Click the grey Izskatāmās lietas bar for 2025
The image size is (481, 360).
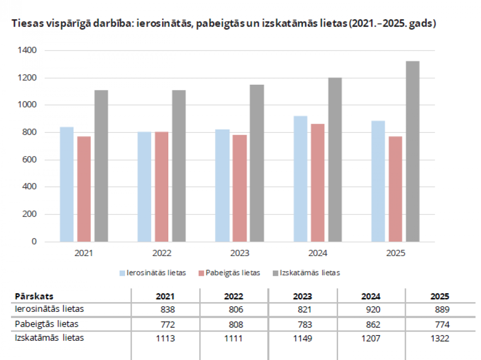pyautogui.click(x=413, y=151)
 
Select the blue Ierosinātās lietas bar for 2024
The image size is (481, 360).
pyautogui.click(x=300, y=179)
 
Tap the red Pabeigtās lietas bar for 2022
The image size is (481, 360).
pyautogui.click(x=162, y=187)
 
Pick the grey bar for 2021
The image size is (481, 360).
pyautogui.click(x=101, y=166)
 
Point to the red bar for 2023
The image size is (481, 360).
pyautogui.click(x=240, y=188)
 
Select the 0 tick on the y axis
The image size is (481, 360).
pyautogui.click(x=34, y=242)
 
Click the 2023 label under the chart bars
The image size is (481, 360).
pyautogui.click(x=239, y=253)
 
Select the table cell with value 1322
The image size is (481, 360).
pyautogui.click(x=440, y=338)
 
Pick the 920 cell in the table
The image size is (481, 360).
pyautogui.click(x=373, y=309)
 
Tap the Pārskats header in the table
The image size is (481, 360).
pyautogui.click(x=34, y=296)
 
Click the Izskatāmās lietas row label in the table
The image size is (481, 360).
pyautogui.click(x=50, y=338)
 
